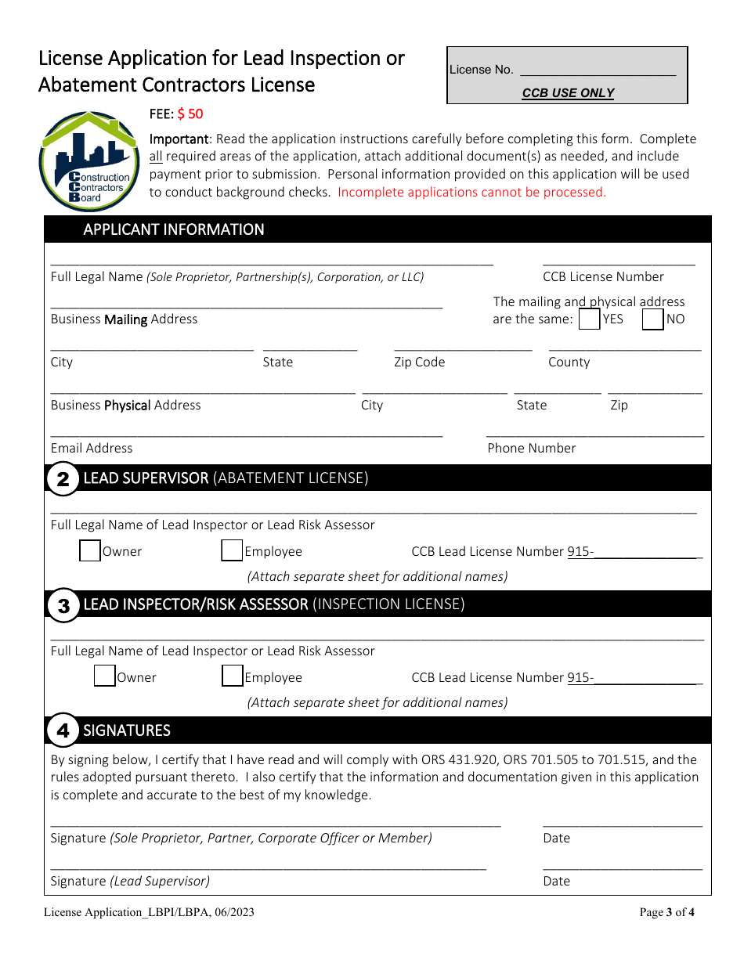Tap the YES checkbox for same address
[589, 319]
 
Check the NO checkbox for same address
[652, 319]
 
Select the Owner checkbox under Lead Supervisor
[90, 551]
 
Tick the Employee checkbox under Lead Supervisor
[232, 551]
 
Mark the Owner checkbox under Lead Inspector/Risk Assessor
[105, 676]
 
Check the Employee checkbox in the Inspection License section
[232, 676]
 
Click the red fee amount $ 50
[190, 114]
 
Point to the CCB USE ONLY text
[568, 93]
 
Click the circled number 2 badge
[63, 479]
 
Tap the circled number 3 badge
[63, 605]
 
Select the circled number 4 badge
[63, 731]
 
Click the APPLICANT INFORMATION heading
[173, 229]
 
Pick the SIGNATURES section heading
[127, 730]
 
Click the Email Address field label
[92, 448]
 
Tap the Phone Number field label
[531, 448]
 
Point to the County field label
[569, 362]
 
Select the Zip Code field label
[419, 362]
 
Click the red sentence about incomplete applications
[471, 192]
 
